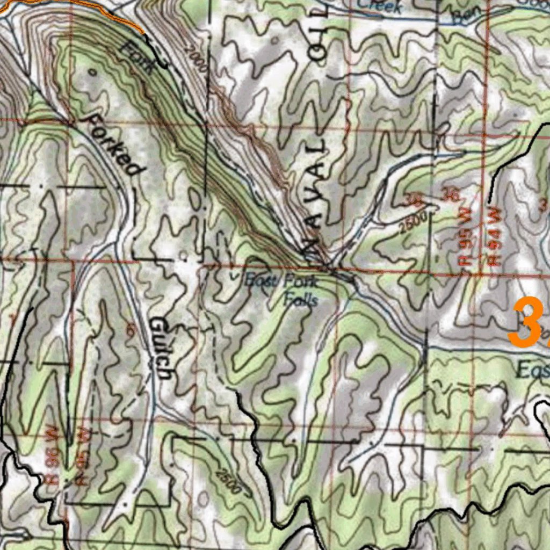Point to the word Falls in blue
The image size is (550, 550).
click(x=301, y=299)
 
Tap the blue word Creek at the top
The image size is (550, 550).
click(x=380, y=6)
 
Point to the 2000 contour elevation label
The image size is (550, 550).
click(x=196, y=59)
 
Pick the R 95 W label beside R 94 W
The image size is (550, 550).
click(x=464, y=240)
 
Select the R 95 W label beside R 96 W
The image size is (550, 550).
click(x=83, y=456)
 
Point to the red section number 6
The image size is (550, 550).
click(x=129, y=331)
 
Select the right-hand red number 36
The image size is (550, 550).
click(x=451, y=194)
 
